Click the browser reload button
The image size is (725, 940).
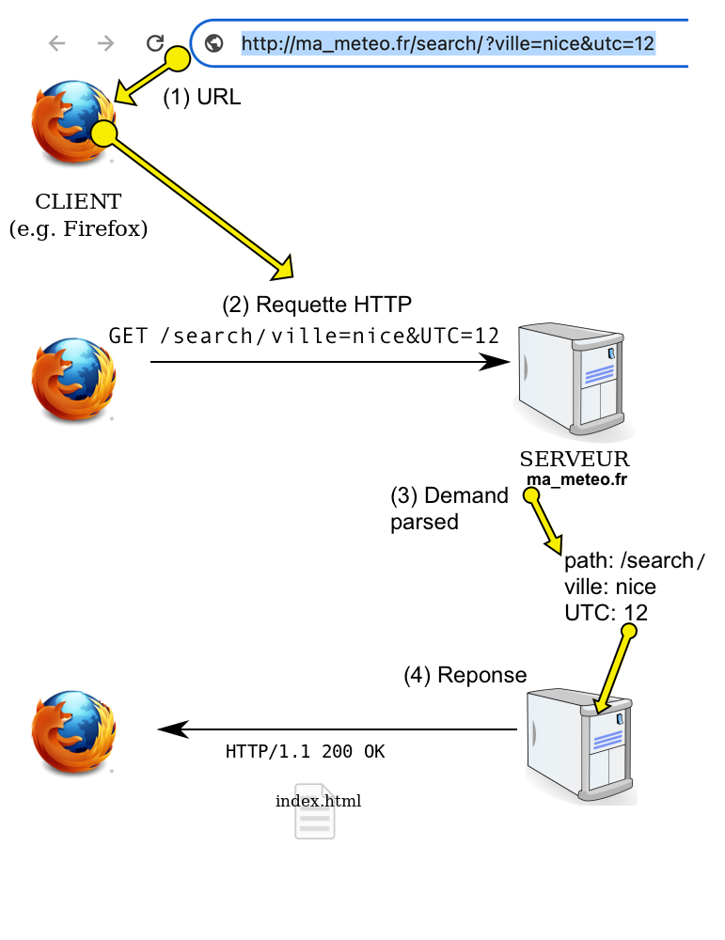tap(155, 43)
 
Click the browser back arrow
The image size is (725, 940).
tap(57, 43)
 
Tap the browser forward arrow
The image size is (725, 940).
tap(105, 43)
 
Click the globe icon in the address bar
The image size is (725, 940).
tap(214, 43)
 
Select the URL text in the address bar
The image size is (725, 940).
tap(448, 44)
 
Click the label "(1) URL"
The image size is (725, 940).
tap(202, 97)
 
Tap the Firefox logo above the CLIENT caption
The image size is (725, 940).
tap(73, 121)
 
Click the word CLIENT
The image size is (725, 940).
tap(79, 201)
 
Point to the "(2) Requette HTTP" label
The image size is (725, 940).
tap(317, 305)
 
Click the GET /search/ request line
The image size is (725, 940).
tap(304, 336)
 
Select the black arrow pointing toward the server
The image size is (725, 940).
tap(330, 362)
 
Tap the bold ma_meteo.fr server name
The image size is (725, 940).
tap(576, 479)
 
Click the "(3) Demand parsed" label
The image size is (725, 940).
tap(449, 509)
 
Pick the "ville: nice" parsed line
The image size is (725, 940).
tap(610, 587)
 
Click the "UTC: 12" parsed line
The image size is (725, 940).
tap(606, 613)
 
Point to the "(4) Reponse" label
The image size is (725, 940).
tap(465, 675)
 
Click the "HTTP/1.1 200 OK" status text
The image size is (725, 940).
tap(306, 752)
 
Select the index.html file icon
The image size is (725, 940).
tap(315, 811)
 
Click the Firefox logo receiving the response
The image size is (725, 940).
tap(73, 732)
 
